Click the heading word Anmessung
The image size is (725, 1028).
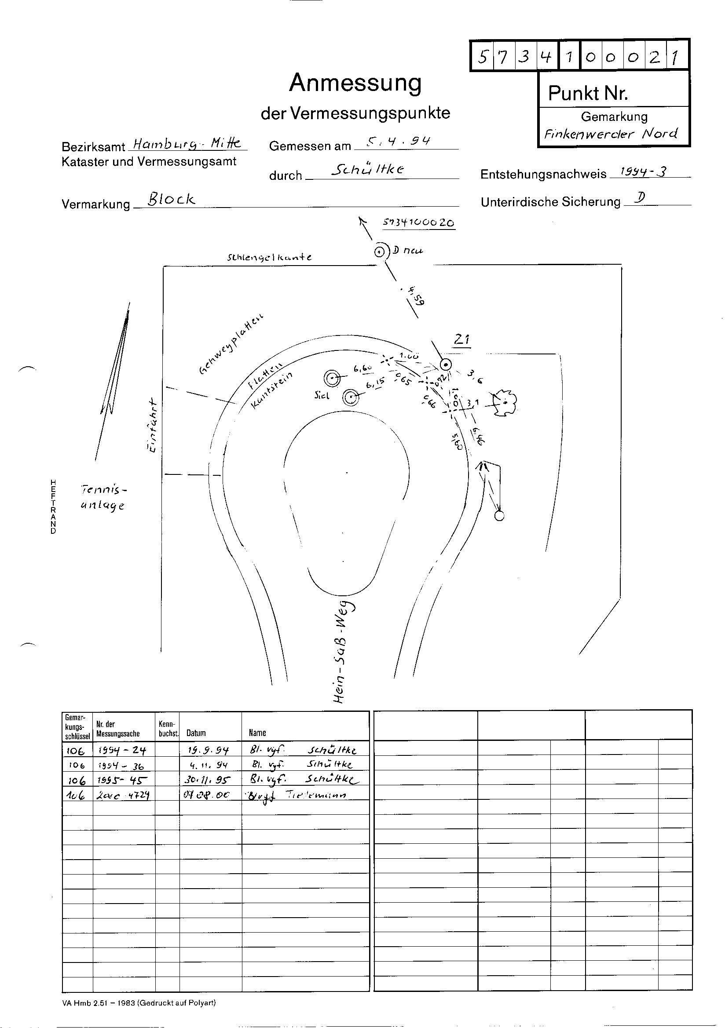(355, 83)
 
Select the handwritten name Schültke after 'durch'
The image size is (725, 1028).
(368, 169)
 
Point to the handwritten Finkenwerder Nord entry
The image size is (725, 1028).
(610, 133)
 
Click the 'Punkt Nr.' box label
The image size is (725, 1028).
(588, 93)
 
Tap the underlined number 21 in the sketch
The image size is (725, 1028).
(462, 340)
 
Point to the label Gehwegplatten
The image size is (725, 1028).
(231, 344)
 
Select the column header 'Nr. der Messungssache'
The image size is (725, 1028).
(118, 729)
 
